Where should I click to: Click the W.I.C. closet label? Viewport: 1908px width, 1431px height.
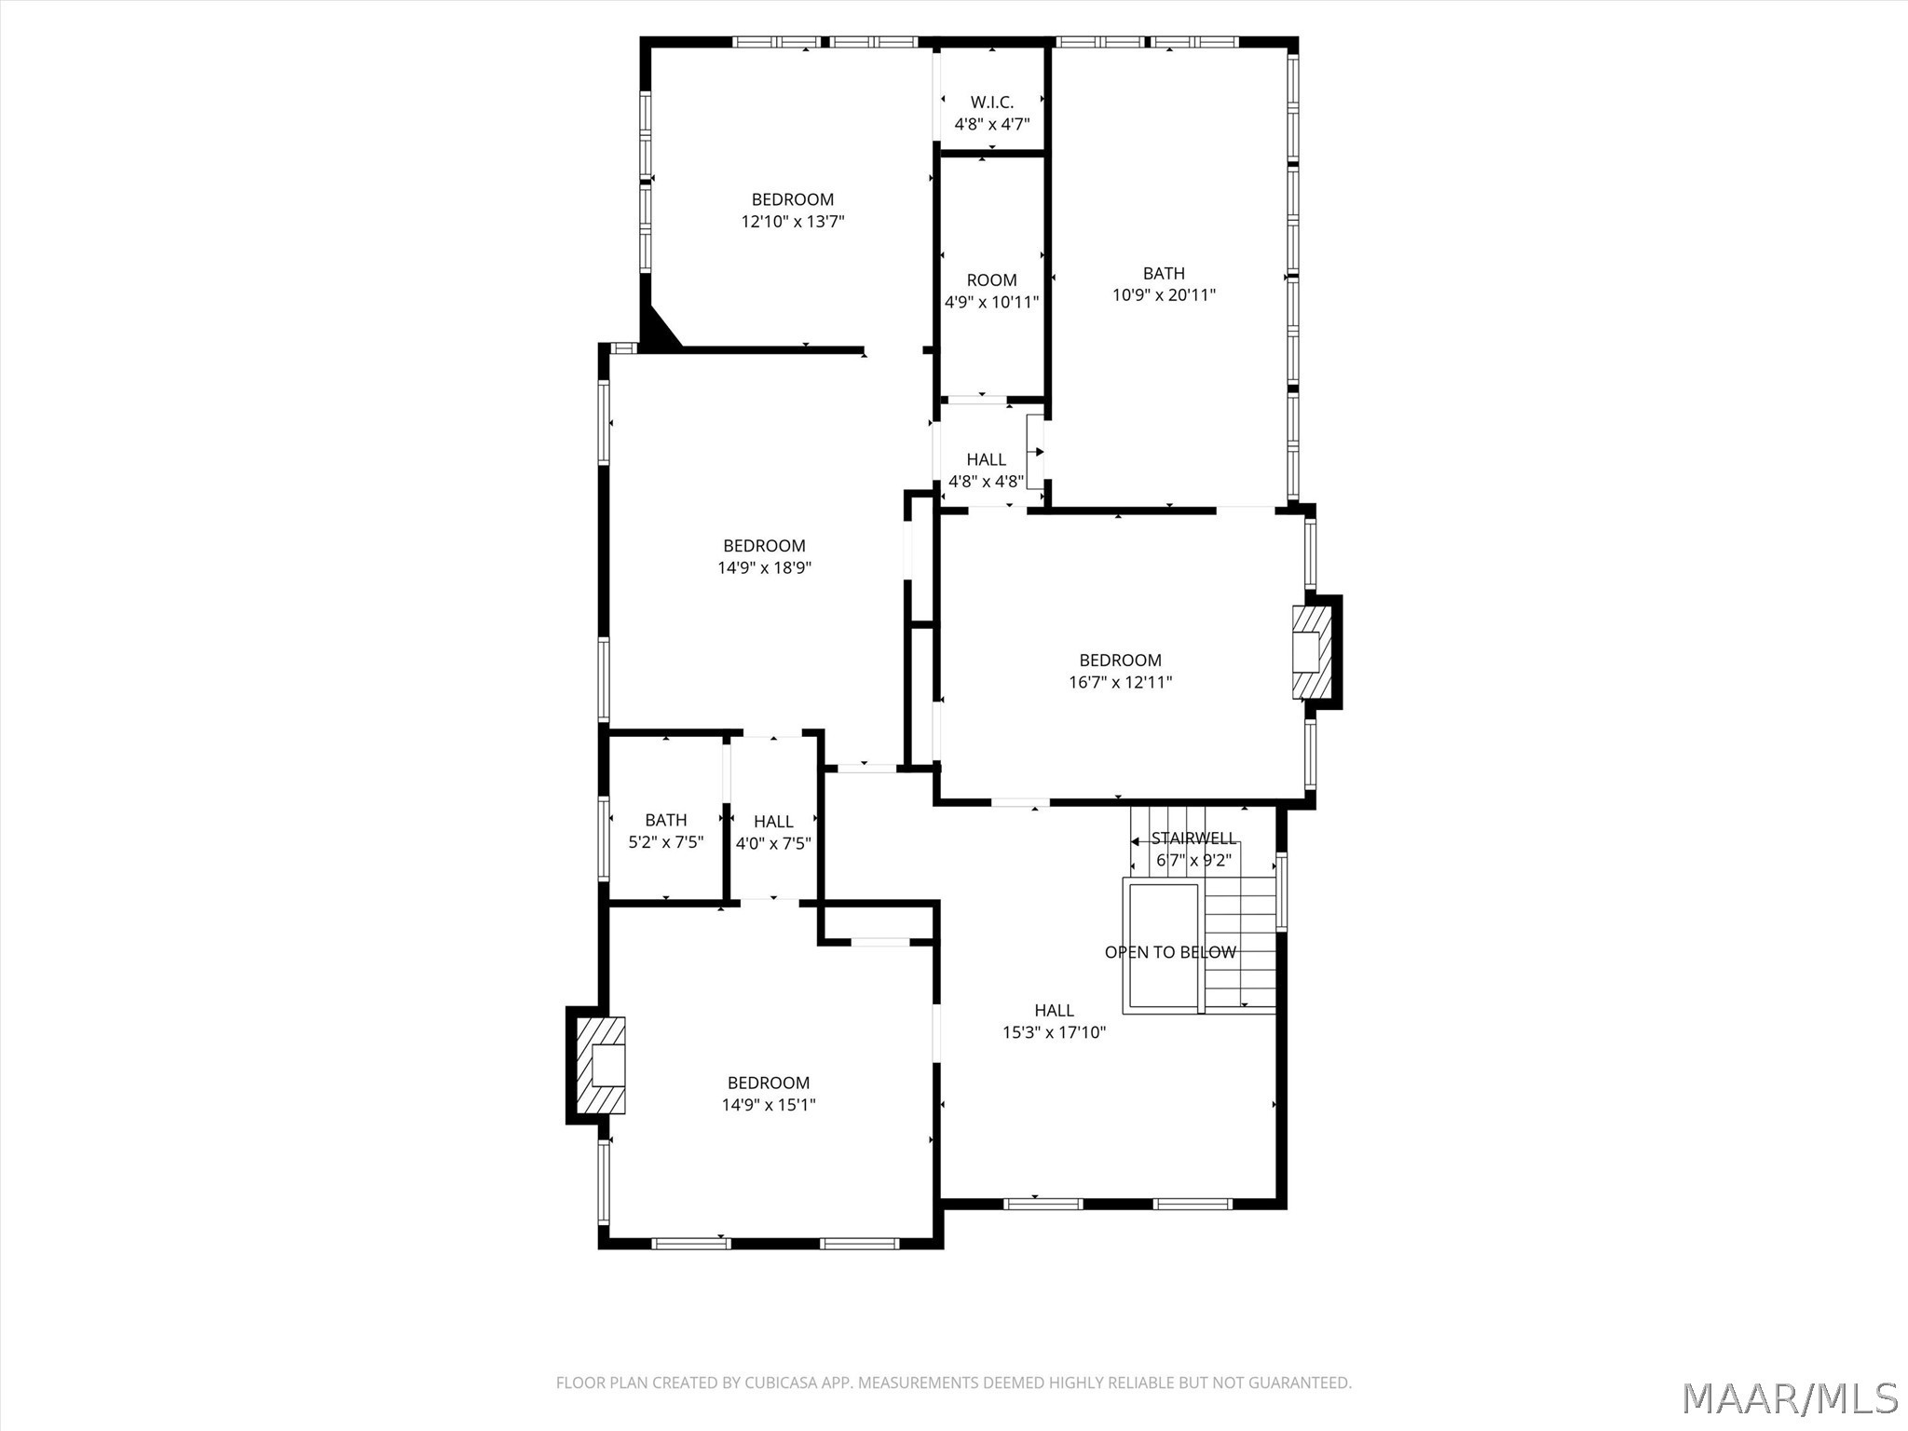(991, 102)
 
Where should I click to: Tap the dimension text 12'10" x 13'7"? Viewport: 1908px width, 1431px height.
(793, 222)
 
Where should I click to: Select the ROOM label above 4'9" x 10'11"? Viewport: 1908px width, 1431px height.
(991, 280)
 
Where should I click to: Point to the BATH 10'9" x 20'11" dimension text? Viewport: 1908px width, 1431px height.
(1164, 295)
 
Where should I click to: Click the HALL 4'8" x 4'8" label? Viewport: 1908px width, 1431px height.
(986, 470)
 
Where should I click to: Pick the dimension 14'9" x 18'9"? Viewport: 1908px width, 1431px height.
(764, 567)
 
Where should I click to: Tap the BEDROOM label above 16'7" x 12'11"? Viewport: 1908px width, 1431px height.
(1120, 661)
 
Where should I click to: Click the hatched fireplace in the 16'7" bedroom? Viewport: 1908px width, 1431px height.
(1307, 652)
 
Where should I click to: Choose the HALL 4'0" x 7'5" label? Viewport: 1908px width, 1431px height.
(773, 832)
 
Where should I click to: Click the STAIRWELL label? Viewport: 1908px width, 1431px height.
(1193, 838)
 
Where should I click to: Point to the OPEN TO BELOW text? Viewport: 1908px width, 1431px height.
(1170, 952)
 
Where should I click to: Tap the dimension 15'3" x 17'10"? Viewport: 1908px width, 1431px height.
(1054, 1032)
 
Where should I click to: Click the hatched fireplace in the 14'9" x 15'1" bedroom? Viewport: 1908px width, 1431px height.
(600, 1066)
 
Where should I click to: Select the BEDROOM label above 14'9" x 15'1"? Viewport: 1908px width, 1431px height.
(769, 1083)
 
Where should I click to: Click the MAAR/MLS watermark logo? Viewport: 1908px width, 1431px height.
(1790, 1397)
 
